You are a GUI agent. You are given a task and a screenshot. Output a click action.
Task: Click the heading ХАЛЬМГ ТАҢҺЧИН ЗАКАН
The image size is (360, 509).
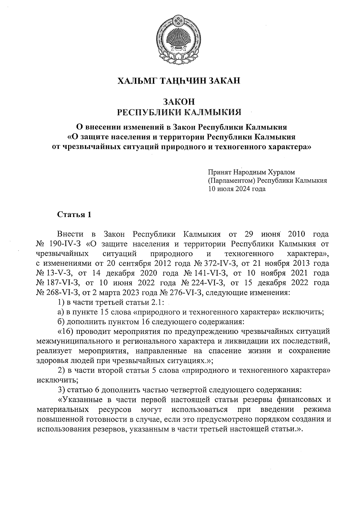(179, 81)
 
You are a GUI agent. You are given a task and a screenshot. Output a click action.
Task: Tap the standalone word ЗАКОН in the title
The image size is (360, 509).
(179, 101)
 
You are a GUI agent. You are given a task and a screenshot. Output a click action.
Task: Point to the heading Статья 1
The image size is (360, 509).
(74, 215)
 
